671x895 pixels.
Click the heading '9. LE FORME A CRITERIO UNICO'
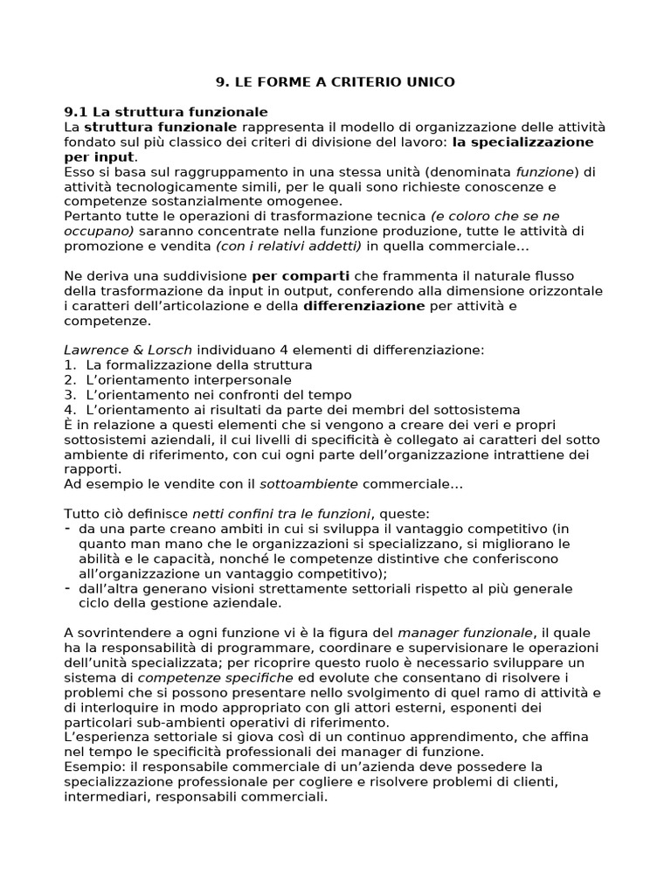(x=335, y=82)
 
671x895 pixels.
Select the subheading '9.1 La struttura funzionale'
(x=166, y=112)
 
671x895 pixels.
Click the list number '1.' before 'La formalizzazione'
(x=71, y=364)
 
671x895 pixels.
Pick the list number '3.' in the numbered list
(x=71, y=394)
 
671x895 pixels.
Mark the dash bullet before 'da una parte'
(x=69, y=528)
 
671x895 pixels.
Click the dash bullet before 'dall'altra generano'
(x=69, y=587)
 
